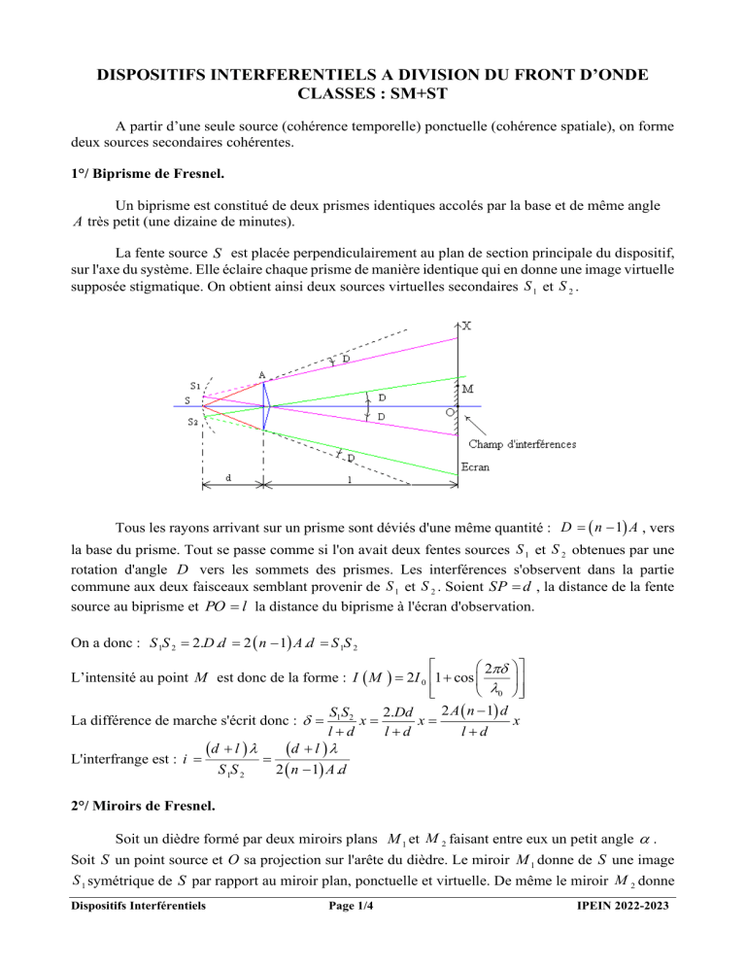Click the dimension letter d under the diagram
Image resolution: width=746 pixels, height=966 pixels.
click(228, 477)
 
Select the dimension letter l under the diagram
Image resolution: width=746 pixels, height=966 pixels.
click(360, 481)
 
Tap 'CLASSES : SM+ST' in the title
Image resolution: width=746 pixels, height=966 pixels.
click(372, 96)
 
